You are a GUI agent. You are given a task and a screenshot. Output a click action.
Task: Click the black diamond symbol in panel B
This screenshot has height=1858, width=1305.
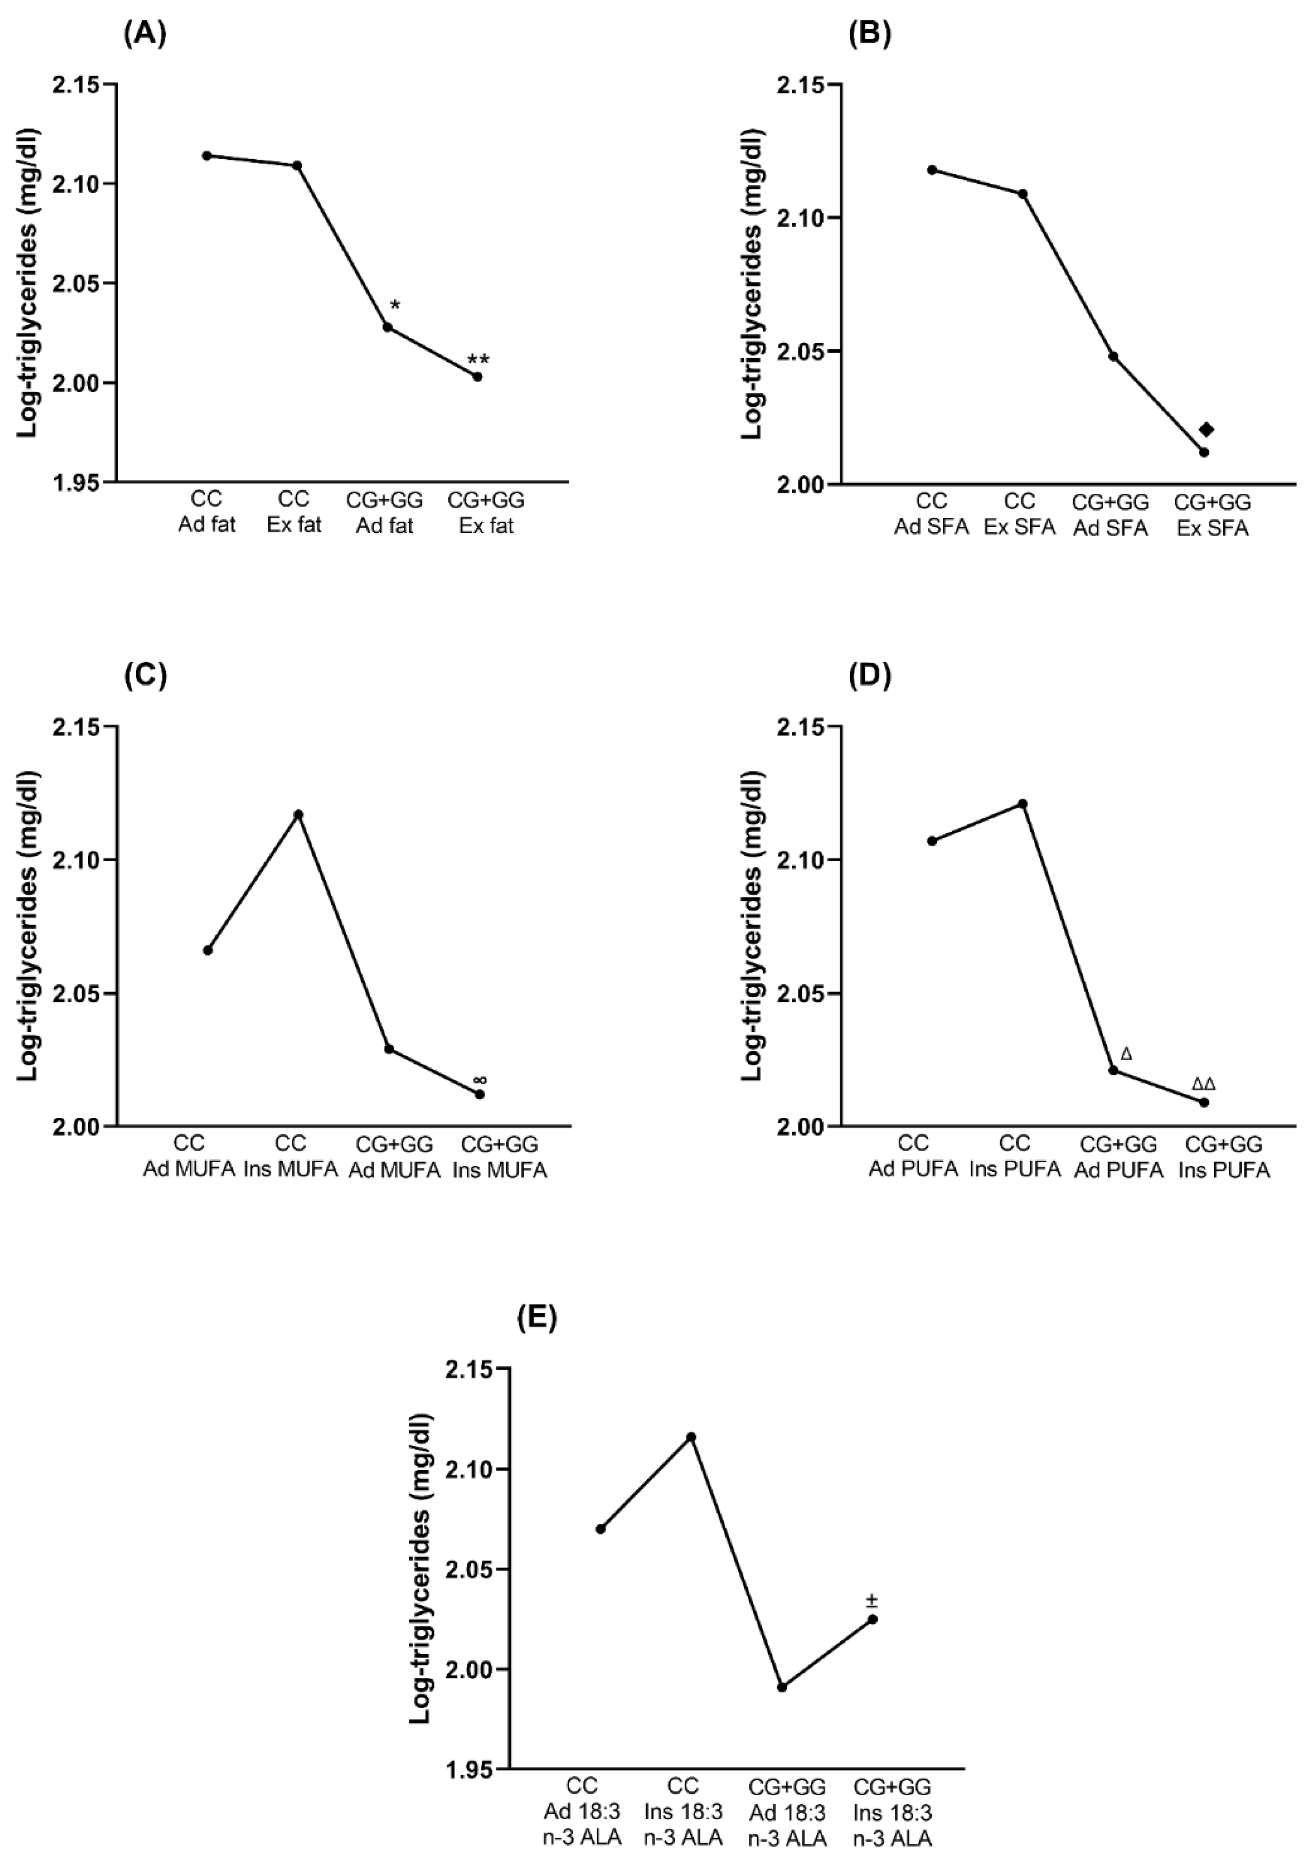tap(1206, 429)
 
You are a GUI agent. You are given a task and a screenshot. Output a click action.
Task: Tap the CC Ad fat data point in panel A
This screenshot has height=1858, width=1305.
tap(207, 155)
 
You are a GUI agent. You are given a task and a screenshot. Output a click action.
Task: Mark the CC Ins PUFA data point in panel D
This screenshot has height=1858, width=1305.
tap(1023, 804)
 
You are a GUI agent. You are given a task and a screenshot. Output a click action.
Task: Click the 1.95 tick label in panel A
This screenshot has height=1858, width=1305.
tap(74, 482)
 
